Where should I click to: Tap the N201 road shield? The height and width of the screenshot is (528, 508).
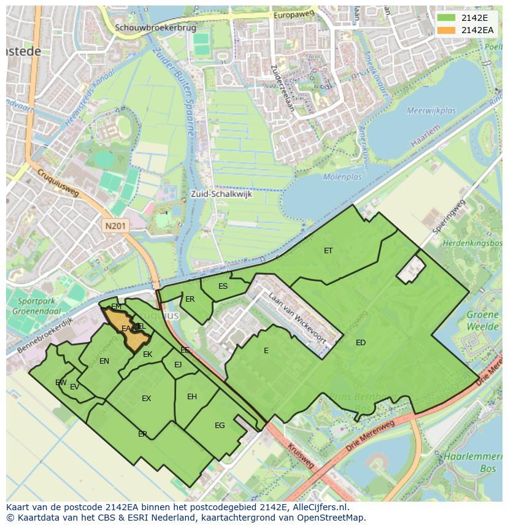pyautogui.click(x=116, y=226)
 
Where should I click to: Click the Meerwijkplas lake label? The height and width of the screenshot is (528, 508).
pyautogui.click(x=431, y=111)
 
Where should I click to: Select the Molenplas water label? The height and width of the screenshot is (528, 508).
pyautogui.click(x=344, y=177)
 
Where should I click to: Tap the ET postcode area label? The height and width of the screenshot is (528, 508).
pyautogui.click(x=328, y=250)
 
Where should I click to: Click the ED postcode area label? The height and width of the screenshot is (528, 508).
pyautogui.click(x=361, y=343)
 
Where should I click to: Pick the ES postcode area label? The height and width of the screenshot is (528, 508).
pyautogui.click(x=223, y=286)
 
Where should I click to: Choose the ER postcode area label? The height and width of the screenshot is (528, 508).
pyautogui.click(x=190, y=299)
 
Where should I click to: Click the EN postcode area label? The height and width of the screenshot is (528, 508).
pyautogui.click(x=104, y=361)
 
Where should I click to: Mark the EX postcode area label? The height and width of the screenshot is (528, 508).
pyautogui.click(x=146, y=399)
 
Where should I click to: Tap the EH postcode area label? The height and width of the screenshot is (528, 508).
pyautogui.click(x=192, y=397)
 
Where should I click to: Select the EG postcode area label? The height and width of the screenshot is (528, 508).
pyautogui.click(x=220, y=426)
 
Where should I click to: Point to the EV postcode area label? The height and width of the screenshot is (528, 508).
pyautogui.click(x=74, y=387)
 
